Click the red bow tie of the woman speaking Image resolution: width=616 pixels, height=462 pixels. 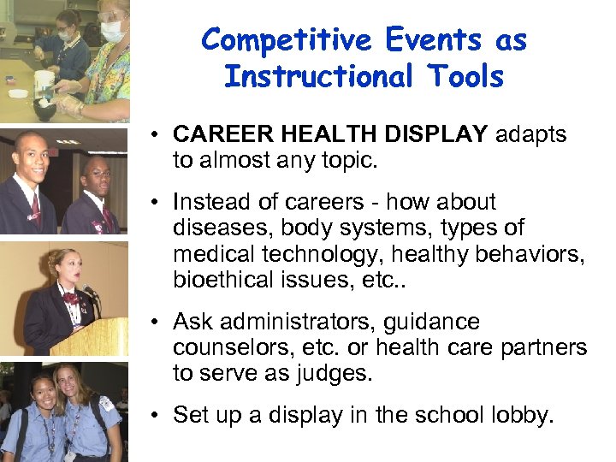pyautogui.click(x=69, y=298)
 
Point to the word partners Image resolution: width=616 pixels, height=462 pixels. pyautogui.click(x=548, y=348)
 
